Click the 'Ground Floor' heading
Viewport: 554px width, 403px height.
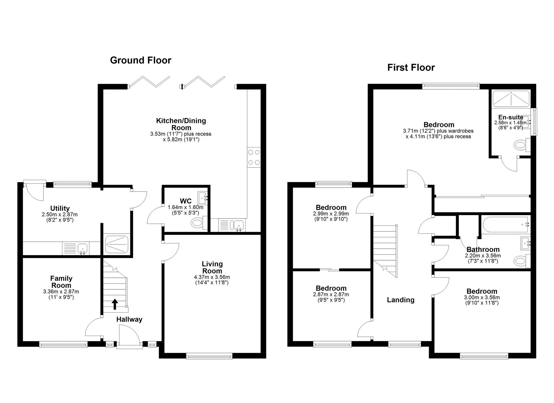(141, 60)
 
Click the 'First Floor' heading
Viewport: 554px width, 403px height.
(411, 68)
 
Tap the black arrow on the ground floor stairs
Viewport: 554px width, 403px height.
(115, 304)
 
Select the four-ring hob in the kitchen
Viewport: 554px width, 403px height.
(254, 157)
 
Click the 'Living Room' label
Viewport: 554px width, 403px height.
(212, 267)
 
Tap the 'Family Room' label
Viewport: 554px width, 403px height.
(61, 282)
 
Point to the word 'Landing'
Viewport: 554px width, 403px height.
(401, 300)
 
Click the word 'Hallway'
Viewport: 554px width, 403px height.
(129, 320)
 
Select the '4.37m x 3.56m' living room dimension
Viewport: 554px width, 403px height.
(212, 277)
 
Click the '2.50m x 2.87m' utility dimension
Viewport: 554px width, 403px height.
(60, 215)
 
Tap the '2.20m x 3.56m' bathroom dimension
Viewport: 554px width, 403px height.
(483, 256)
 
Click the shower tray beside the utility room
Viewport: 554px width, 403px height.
(117, 244)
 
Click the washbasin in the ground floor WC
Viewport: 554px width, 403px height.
(203, 198)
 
